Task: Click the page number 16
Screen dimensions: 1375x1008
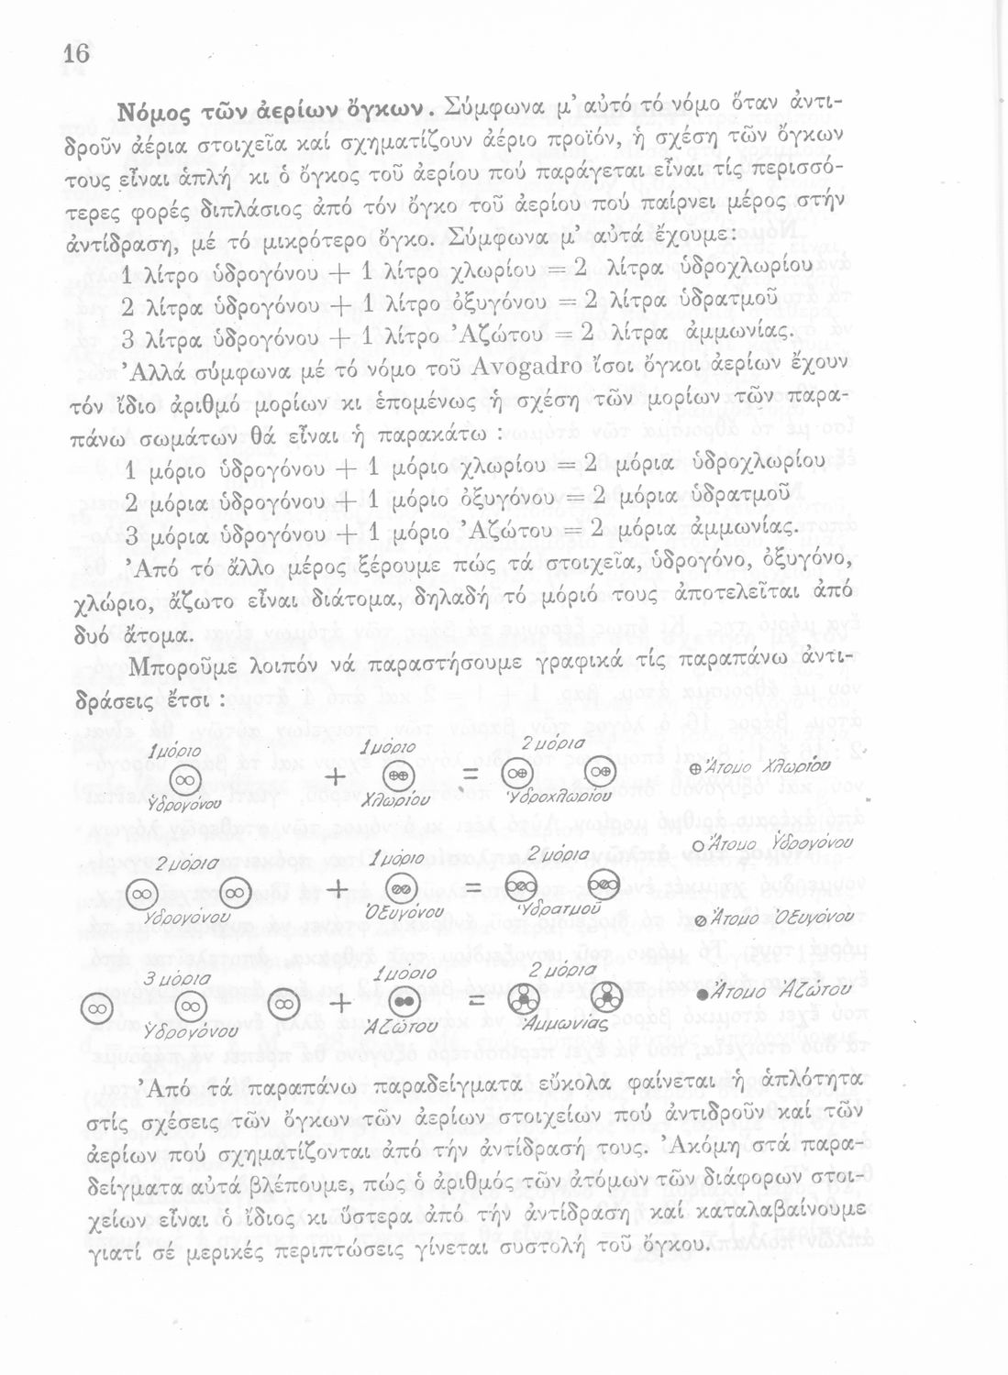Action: [x=76, y=54]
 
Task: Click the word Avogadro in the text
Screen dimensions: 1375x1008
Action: [x=526, y=371]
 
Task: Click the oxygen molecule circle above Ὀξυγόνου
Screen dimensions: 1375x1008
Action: [x=401, y=887]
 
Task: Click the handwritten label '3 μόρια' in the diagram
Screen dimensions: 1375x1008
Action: [x=168, y=979]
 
